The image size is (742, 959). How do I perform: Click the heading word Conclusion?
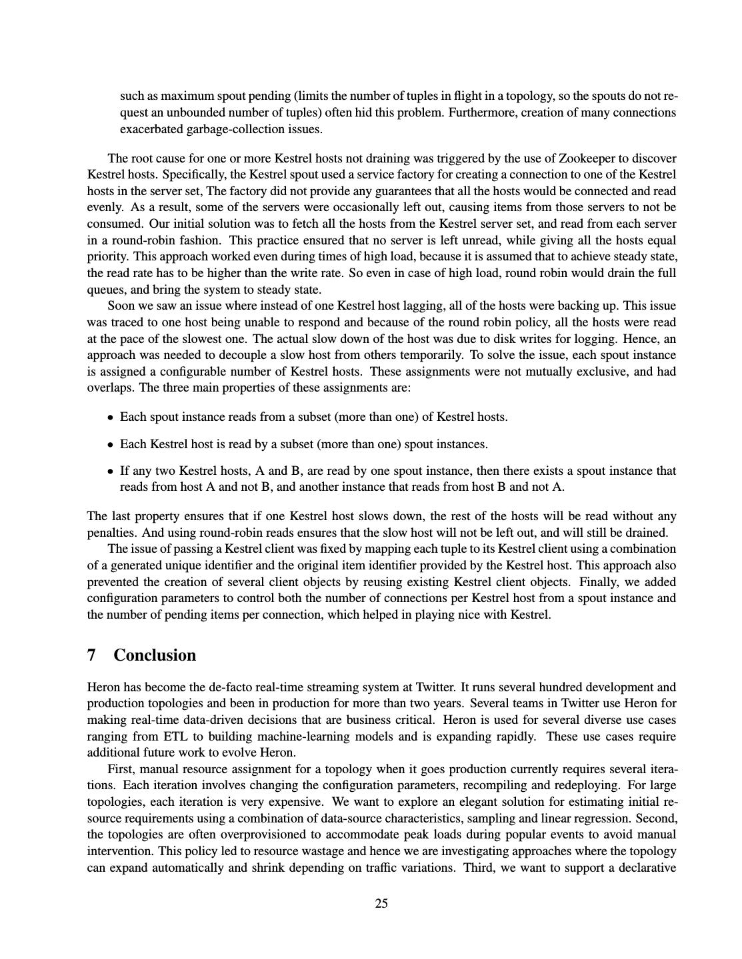tap(155, 655)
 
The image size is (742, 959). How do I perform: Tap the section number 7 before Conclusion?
tap(91, 655)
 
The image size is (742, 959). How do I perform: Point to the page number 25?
tap(381, 904)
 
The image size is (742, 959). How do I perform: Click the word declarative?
tap(645, 868)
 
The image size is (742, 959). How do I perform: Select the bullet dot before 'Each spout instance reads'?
tap(110, 418)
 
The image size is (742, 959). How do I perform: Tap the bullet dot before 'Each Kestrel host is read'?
tap(110, 445)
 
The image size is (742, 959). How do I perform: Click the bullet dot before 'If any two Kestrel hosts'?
tap(110, 472)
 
